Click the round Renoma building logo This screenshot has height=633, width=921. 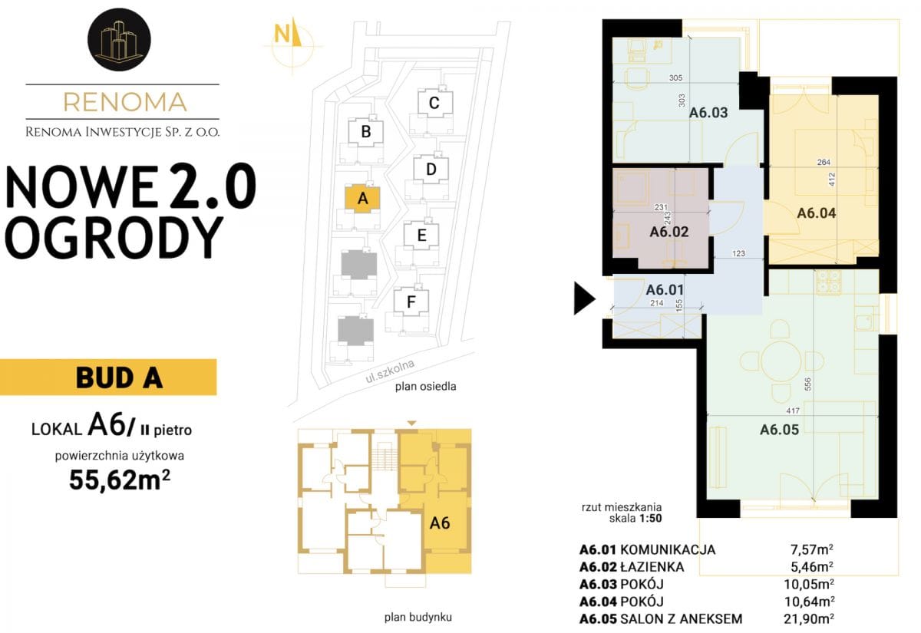(119, 39)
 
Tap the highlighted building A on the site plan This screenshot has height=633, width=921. (362, 199)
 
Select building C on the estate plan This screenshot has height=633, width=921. (434, 103)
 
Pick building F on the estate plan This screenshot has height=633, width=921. (411, 302)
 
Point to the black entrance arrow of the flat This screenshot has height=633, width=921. (584, 298)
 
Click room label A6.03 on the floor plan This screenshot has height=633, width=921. (708, 113)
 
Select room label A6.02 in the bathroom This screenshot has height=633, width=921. (669, 232)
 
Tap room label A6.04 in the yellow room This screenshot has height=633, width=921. (816, 213)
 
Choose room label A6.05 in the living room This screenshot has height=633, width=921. (779, 430)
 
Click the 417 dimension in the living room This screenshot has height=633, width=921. (792, 410)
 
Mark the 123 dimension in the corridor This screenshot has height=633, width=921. (738, 254)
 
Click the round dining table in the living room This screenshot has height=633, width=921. (781, 361)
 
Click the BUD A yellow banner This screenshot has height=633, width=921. (108, 377)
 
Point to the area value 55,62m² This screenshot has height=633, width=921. (119, 480)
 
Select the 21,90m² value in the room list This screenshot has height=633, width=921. (809, 618)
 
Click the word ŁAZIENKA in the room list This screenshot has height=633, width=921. (652, 567)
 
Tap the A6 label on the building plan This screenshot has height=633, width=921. (440, 523)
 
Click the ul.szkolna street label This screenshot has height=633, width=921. (390, 371)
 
